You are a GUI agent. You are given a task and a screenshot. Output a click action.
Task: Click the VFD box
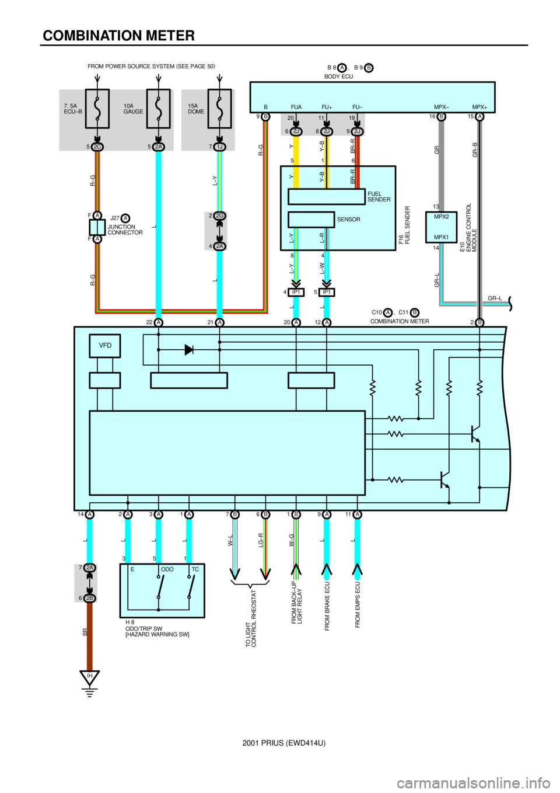pos(104,346)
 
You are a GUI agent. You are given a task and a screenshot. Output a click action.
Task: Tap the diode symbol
pos(188,350)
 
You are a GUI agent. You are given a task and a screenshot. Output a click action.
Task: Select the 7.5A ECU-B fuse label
pos(73,109)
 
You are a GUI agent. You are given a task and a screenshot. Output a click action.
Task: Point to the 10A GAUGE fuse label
pos(133,109)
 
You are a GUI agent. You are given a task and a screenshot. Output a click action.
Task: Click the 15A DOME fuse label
pos(196,109)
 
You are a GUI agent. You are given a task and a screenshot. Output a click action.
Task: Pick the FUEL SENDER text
pos(379,197)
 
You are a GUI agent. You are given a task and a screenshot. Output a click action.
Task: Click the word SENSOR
pos(349,220)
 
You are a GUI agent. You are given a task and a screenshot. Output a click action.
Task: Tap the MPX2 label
pos(442,217)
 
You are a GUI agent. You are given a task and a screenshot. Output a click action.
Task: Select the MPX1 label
pos(442,238)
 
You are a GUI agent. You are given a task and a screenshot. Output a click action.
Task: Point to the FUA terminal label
pos(296,107)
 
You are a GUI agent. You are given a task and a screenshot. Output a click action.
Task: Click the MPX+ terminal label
pos(480,107)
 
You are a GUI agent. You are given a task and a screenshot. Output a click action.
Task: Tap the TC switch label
pos(195,568)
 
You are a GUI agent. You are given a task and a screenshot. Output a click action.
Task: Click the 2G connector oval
pos(220,215)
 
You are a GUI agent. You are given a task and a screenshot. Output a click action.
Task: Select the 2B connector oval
pos(90,599)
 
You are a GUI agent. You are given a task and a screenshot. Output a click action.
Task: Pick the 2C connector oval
pos(97,147)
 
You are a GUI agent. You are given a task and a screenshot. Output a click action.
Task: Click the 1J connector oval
pos(220,147)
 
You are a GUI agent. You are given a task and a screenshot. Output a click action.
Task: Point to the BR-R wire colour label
pos(353,177)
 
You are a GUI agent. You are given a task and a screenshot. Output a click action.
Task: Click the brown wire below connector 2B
pos(90,639)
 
